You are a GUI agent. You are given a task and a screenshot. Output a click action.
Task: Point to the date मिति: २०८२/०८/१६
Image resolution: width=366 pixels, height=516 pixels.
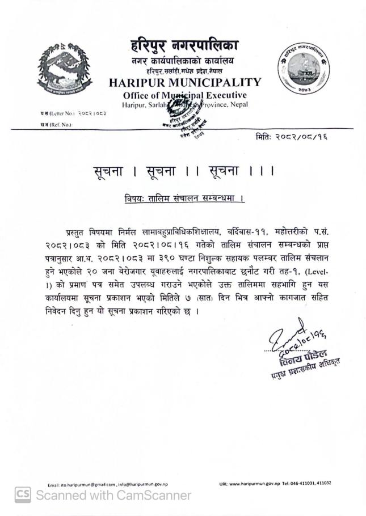point(292,137)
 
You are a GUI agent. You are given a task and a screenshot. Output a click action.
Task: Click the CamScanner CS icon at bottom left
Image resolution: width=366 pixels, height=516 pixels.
point(23,496)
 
